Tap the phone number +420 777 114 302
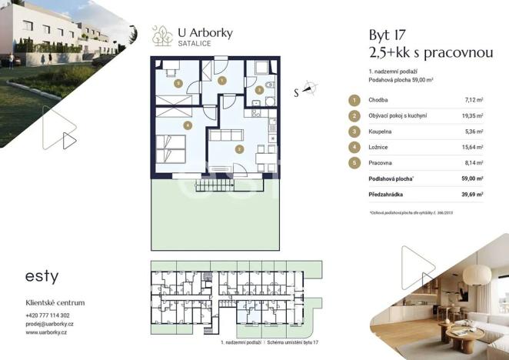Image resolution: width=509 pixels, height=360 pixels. (x=48, y=315)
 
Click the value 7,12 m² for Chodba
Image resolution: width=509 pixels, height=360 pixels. (x=473, y=100)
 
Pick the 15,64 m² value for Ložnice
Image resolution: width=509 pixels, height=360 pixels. (x=472, y=147)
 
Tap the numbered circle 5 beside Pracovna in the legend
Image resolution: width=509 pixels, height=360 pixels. (x=353, y=163)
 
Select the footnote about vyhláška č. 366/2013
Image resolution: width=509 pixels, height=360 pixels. (x=421, y=213)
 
